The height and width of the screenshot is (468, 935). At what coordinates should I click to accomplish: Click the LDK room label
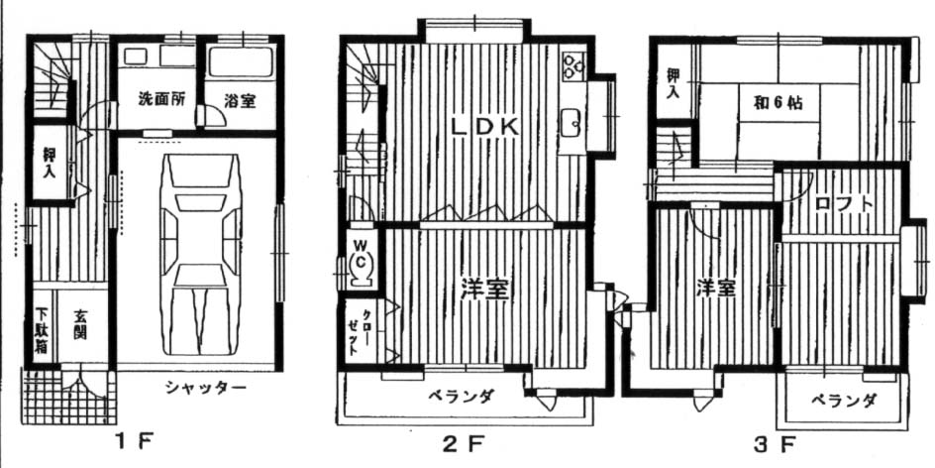click(x=484, y=127)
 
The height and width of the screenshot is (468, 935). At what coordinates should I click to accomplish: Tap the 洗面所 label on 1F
click(x=158, y=99)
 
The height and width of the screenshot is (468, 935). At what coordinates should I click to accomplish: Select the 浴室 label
click(x=240, y=101)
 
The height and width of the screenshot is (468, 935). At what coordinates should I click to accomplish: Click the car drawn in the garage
click(x=201, y=254)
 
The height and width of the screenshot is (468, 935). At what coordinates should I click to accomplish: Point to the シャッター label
click(x=206, y=389)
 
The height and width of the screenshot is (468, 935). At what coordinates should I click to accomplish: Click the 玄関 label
click(x=80, y=324)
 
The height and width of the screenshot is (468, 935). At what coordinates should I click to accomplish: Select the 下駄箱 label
click(x=41, y=331)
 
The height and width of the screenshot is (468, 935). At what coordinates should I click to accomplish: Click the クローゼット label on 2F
click(x=355, y=333)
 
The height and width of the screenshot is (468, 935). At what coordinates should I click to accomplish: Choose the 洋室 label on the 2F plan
click(x=484, y=290)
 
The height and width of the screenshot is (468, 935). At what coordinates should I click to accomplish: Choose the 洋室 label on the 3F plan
click(x=716, y=290)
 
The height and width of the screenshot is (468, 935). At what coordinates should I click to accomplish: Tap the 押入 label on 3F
click(x=672, y=83)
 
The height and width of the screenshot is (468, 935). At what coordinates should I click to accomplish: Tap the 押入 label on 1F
click(x=52, y=163)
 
